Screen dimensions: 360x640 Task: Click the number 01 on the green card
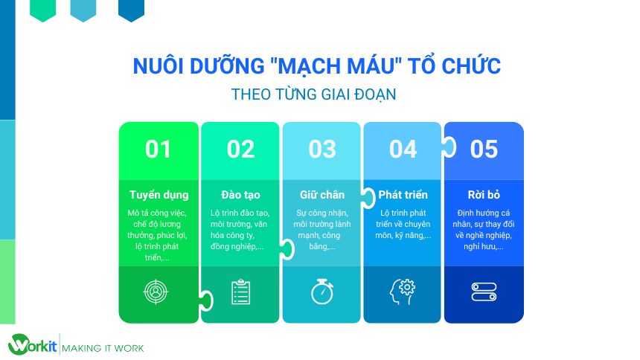159,150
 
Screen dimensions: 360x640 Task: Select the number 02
240,150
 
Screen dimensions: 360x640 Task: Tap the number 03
322,150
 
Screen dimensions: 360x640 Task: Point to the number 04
403,150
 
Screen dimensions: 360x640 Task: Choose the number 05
484,150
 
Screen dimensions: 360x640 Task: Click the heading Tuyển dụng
159,195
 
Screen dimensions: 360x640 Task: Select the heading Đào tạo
240,195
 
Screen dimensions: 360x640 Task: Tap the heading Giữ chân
322,195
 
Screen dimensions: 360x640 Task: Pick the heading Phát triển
403,195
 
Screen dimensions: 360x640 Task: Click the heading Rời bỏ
484,195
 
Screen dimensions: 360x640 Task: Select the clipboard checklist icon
240,292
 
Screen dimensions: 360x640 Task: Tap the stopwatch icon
322,291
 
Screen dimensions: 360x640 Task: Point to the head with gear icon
402,292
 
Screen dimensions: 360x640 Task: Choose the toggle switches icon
484,292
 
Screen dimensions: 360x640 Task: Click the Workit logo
32,345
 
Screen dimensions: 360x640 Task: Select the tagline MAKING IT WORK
103,348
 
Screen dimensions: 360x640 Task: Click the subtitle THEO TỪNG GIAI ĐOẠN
313,95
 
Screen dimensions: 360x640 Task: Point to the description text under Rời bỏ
484,229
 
